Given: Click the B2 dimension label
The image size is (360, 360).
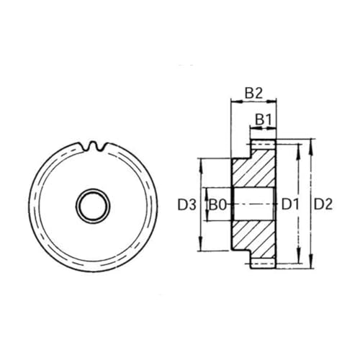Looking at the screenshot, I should coord(253,93).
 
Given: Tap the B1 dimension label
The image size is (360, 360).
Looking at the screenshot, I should coord(263,117).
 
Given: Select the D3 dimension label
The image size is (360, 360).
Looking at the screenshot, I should coord(186,205).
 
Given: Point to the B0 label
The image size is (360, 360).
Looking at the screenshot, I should coord(218,205).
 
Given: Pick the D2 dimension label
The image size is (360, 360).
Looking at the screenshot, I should coord(323,205).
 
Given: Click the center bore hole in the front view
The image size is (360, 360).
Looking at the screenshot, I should coord(92,204).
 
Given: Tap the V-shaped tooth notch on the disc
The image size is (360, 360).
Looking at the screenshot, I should coord(97,146).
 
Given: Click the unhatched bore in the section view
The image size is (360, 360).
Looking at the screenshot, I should coord(252,205).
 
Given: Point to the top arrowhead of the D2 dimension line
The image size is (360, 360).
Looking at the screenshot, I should coord(310,146).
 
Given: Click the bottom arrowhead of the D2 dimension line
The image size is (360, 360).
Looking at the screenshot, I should coord(310,264).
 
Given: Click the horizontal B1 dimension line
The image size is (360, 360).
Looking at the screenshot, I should coord(263,128).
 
